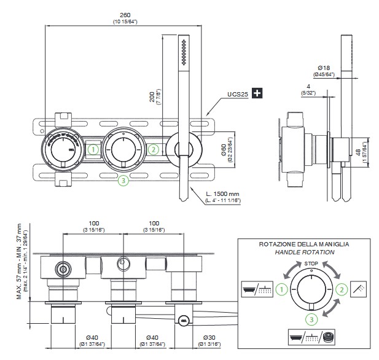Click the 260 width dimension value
click(x=125, y=16)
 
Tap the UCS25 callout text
click(x=238, y=94)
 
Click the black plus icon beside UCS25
click(x=257, y=93)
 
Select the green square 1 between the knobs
click(x=93, y=148)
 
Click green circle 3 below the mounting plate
click(x=123, y=180)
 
